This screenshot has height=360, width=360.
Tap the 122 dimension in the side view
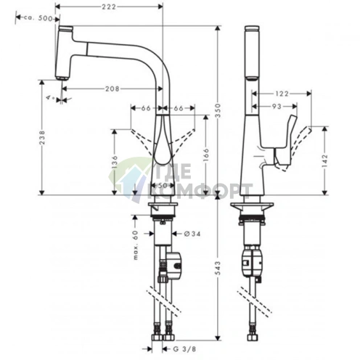(x=283, y=94)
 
